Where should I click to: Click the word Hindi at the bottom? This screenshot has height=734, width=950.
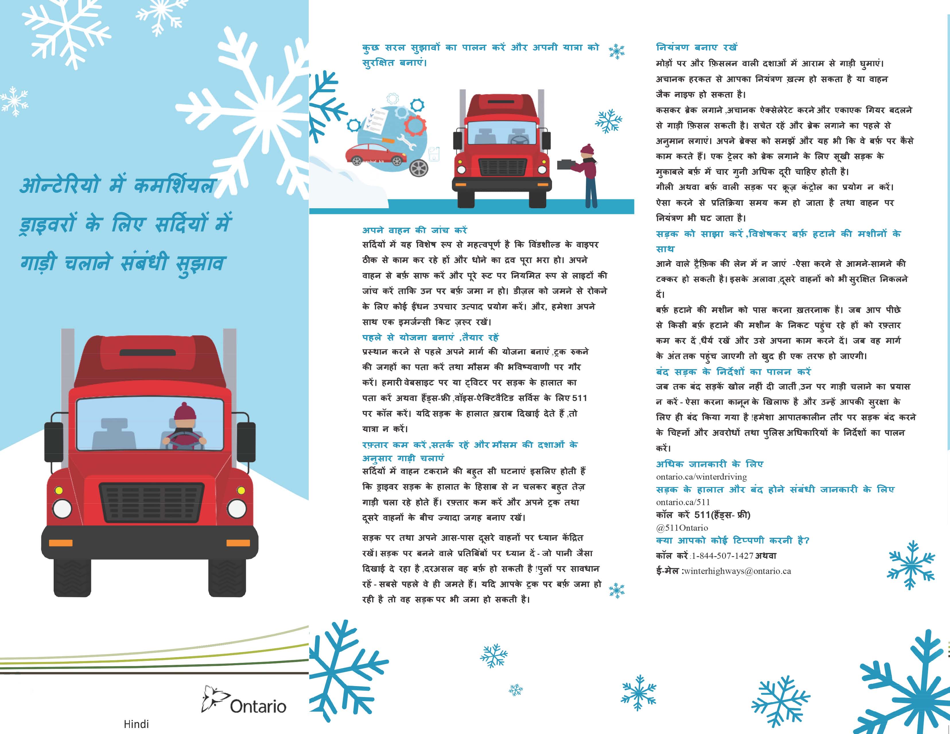tap(136, 724)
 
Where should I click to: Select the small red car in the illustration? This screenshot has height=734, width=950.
tap(376, 155)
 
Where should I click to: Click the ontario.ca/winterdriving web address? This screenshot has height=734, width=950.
tap(701, 477)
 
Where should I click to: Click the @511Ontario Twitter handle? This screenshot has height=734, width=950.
tap(682, 528)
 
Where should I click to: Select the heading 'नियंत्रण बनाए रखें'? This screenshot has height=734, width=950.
tap(696, 47)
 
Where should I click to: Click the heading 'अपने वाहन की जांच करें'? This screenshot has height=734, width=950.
tap(415, 230)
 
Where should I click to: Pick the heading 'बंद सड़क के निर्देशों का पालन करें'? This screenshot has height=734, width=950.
tap(733, 372)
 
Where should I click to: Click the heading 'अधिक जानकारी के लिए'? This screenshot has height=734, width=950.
tap(710, 464)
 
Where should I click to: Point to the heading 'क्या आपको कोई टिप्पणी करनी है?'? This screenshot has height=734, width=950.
tap(733, 540)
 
